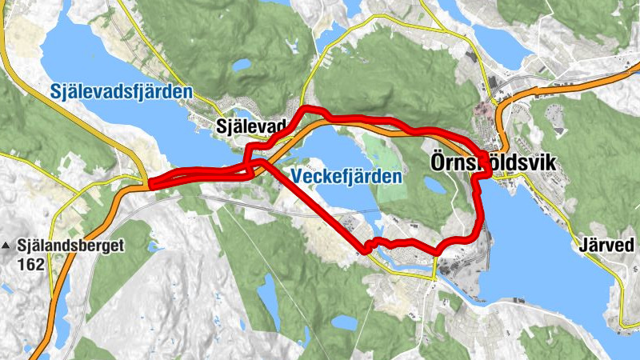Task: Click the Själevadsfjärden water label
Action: pos(120,92)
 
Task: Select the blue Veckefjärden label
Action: pos(346,176)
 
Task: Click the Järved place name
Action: pos(604,246)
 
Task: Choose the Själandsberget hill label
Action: pos(70,246)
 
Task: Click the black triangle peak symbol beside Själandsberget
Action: pos(8,246)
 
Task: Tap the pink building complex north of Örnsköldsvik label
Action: pos(482,111)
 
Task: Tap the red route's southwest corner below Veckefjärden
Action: pos(366,250)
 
